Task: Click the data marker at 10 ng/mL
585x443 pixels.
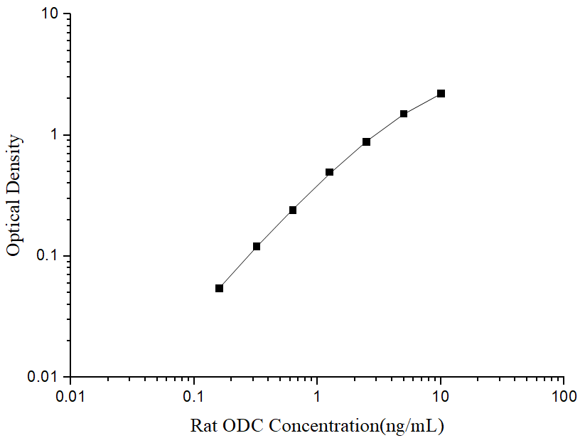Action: click(x=441, y=94)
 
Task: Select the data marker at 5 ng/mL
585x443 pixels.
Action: click(x=404, y=114)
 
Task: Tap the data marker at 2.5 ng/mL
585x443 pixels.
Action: click(x=366, y=142)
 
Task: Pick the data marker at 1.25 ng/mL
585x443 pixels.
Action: click(x=329, y=172)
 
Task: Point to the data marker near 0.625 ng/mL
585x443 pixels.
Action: click(x=292, y=210)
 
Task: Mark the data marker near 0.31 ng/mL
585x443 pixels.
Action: click(x=256, y=246)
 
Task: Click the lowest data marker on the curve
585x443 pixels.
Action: click(x=219, y=288)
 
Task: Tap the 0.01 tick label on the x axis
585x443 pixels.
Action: click(x=70, y=394)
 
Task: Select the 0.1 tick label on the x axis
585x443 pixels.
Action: click(x=193, y=394)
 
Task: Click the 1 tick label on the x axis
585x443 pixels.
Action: click(x=317, y=394)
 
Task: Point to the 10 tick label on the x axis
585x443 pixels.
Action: click(x=441, y=394)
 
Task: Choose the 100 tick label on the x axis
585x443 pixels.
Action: click(x=564, y=394)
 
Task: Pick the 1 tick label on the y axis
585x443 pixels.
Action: click(x=58, y=135)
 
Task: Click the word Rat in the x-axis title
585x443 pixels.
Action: click(x=205, y=426)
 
